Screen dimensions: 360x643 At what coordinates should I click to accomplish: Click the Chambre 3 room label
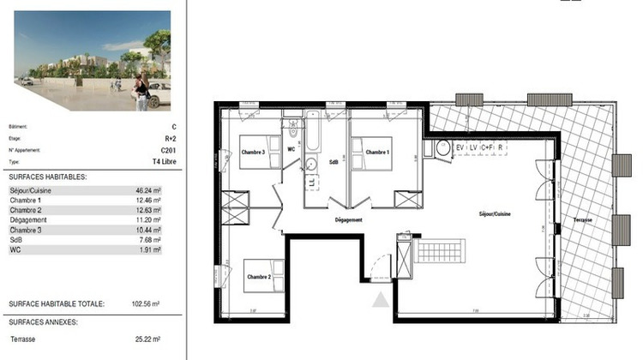(252, 153)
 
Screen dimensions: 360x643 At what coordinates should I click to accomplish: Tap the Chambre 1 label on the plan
(378, 153)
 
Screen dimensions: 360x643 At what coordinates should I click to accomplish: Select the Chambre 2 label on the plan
(259, 277)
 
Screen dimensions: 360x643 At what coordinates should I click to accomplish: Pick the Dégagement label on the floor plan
(348, 220)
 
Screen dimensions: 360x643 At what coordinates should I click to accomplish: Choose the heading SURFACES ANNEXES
(43, 322)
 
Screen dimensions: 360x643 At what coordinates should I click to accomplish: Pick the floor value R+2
(169, 137)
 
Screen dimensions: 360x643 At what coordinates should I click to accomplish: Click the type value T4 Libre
(163, 160)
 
